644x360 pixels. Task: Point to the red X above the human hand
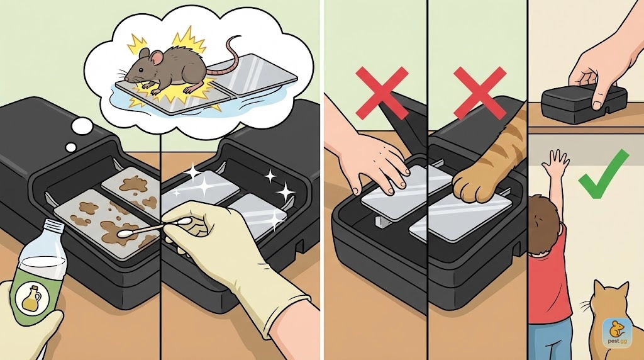click(x=382, y=94)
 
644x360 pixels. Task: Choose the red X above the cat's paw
click(x=480, y=94)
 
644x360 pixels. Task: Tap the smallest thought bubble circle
click(x=71, y=147)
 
